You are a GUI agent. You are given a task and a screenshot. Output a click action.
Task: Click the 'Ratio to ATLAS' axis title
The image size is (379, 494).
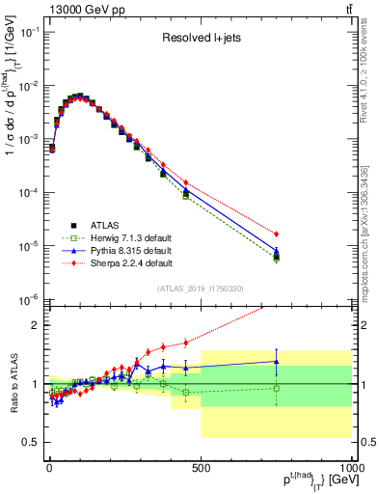13,383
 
